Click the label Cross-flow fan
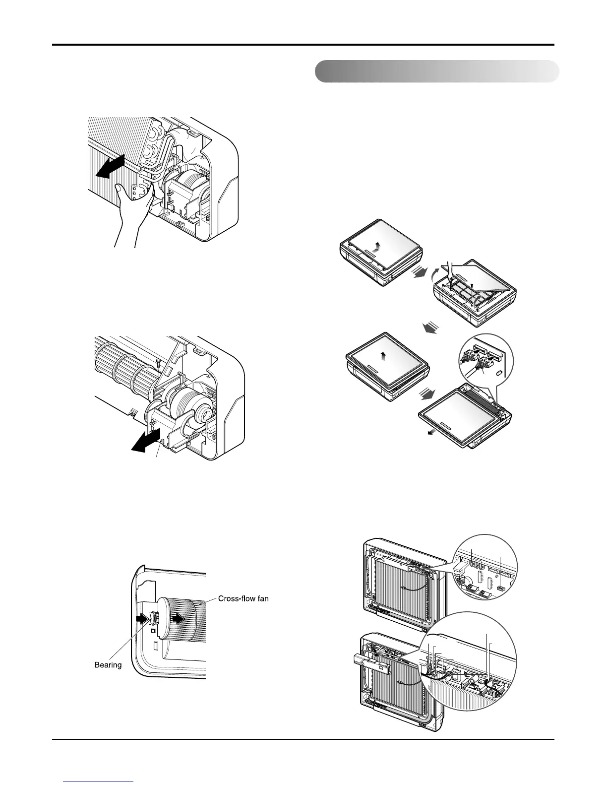coord(243,599)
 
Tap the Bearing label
coord(108,664)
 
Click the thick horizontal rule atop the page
coord(303,45)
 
